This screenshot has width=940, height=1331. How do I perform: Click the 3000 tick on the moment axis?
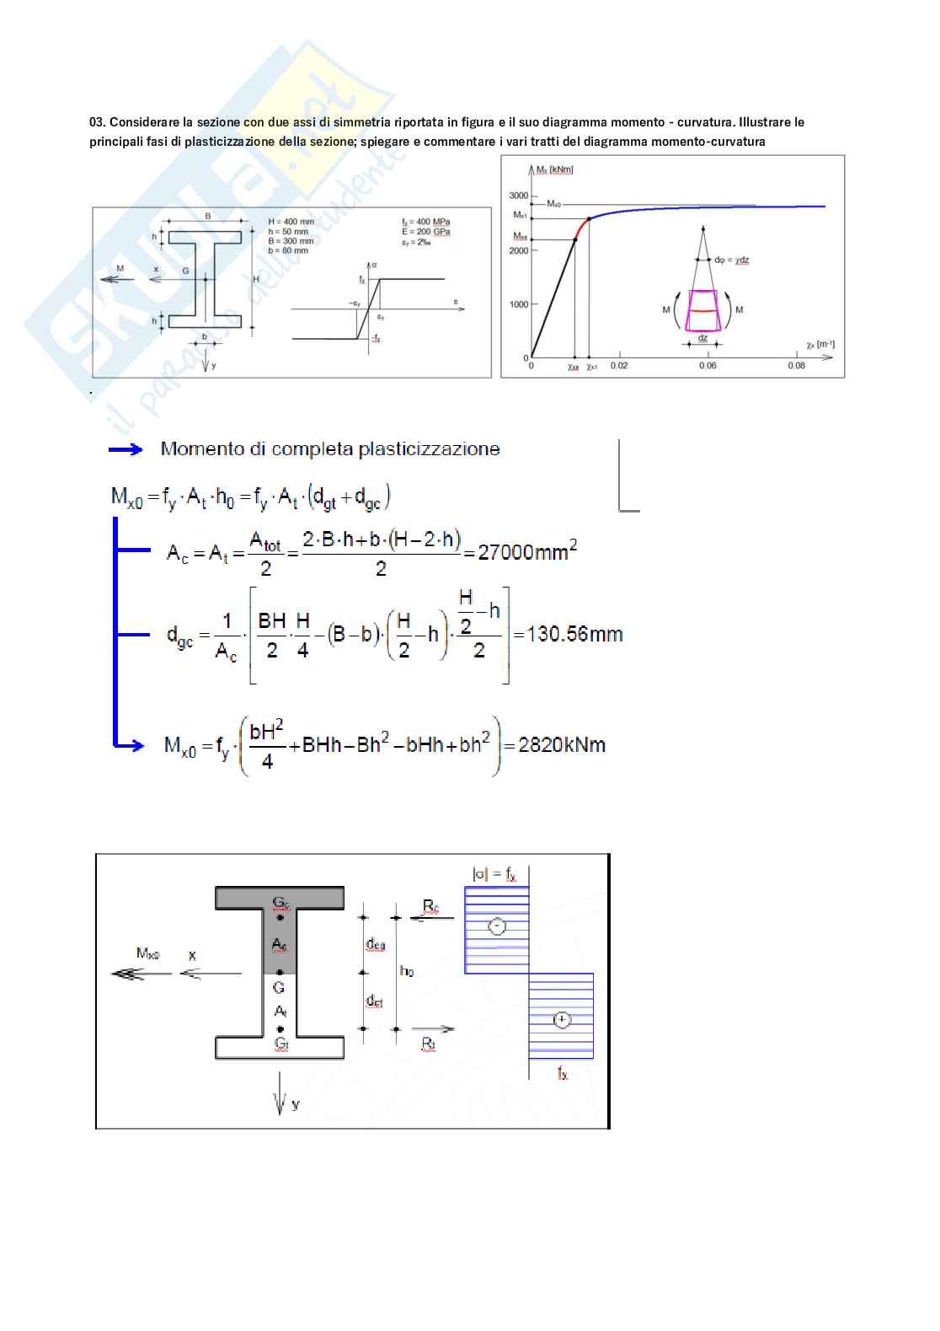518,196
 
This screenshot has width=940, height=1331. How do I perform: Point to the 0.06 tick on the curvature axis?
708,365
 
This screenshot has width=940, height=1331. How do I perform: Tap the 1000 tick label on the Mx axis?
518,304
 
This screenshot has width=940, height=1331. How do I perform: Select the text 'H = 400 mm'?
291,222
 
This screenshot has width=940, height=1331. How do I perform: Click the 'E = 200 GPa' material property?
425,232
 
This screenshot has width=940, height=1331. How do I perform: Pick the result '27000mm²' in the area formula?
527,552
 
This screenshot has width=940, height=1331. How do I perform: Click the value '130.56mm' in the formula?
574,634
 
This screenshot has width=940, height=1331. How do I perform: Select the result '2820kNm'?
562,744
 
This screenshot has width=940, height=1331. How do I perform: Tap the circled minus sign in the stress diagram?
498,926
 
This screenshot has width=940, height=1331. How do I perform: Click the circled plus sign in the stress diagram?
562,1020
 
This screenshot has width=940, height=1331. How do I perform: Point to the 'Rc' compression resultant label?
430,906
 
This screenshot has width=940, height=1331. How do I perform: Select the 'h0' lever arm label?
406,971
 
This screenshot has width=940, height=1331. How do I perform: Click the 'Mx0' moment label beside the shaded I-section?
148,953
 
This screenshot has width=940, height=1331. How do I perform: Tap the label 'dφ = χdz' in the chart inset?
731,260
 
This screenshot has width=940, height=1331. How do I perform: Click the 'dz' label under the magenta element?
702,338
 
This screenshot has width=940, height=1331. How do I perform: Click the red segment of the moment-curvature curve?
581,228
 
